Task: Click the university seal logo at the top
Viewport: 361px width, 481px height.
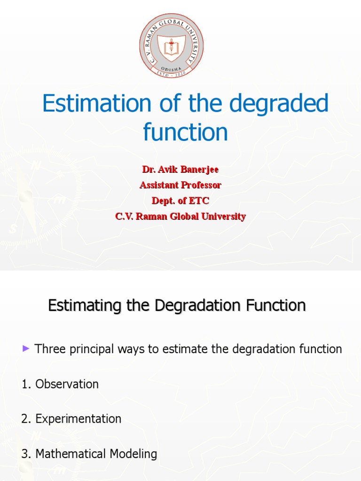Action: click(172, 46)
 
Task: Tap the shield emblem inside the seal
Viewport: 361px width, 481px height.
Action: click(172, 47)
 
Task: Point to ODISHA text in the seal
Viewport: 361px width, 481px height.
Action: click(172, 68)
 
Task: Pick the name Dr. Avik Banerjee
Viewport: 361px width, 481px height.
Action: click(180, 169)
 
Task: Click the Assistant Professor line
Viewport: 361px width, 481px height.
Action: click(180, 185)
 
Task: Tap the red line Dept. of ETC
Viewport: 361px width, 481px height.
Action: click(180, 201)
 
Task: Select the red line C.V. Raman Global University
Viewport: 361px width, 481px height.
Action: click(180, 217)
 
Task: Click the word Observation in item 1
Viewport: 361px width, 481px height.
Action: click(67, 384)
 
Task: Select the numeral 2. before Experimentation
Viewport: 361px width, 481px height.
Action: click(26, 419)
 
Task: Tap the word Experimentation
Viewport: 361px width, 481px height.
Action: click(78, 419)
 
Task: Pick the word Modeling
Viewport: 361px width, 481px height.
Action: click(133, 454)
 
